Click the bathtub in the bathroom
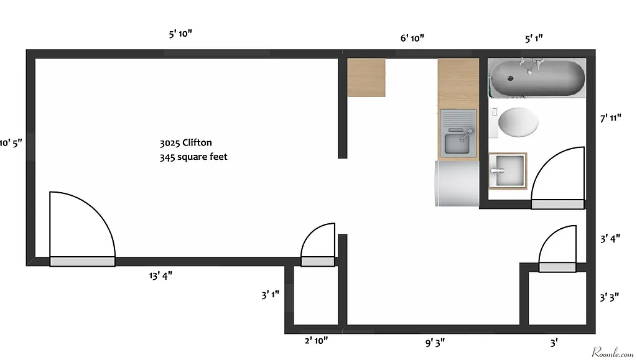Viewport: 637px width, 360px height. tap(537, 78)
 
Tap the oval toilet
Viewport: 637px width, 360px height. tap(518, 122)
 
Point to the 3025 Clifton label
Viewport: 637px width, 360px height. tap(185, 143)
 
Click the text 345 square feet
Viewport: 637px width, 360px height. tap(193, 157)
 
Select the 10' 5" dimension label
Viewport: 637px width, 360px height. tap(11, 142)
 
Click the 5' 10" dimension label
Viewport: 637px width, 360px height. tap(180, 34)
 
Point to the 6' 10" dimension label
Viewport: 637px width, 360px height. tap(412, 39)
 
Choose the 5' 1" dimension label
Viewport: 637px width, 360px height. tap(534, 39)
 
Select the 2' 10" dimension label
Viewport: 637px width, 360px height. tap(316, 341)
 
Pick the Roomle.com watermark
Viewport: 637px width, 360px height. tap(612, 351)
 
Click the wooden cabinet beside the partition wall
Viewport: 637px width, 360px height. tap(366, 78)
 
